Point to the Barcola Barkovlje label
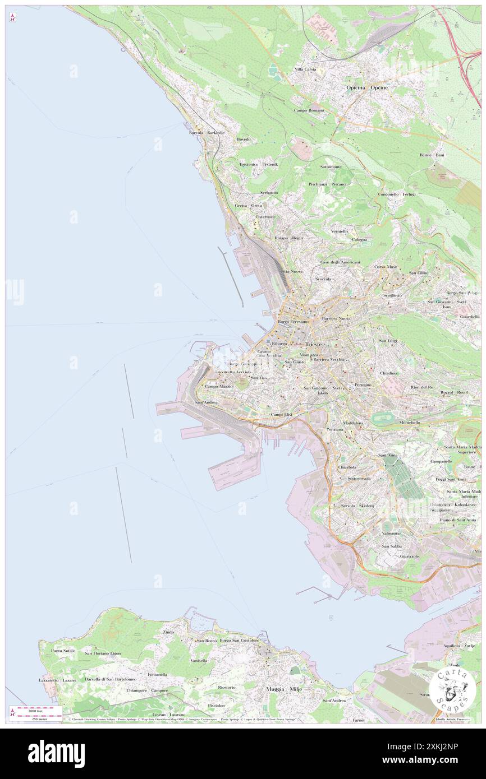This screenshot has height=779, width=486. tap(207, 133)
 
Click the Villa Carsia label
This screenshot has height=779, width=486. tap(306, 69)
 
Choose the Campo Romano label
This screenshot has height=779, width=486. tap(309, 110)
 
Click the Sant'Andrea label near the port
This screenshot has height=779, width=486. tap(205, 402)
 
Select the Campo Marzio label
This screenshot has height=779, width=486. tap(218, 387)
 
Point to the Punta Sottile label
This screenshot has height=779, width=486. tap(63, 651)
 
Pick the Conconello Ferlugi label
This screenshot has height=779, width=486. tap(397, 194)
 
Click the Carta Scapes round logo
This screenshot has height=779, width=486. tap(452, 689)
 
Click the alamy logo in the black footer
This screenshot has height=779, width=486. tap(56, 753)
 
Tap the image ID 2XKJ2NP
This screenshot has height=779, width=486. tap(436, 746)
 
